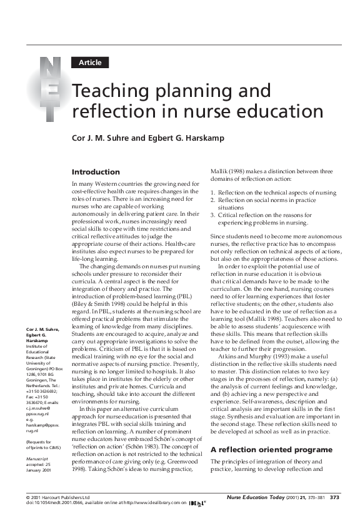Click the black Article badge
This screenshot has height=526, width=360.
click(x=90, y=62)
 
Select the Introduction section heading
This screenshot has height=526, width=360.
click(x=96, y=171)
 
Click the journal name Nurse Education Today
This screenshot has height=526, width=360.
click(x=257, y=497)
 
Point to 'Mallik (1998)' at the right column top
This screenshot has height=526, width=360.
click(x=227, y=171)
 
